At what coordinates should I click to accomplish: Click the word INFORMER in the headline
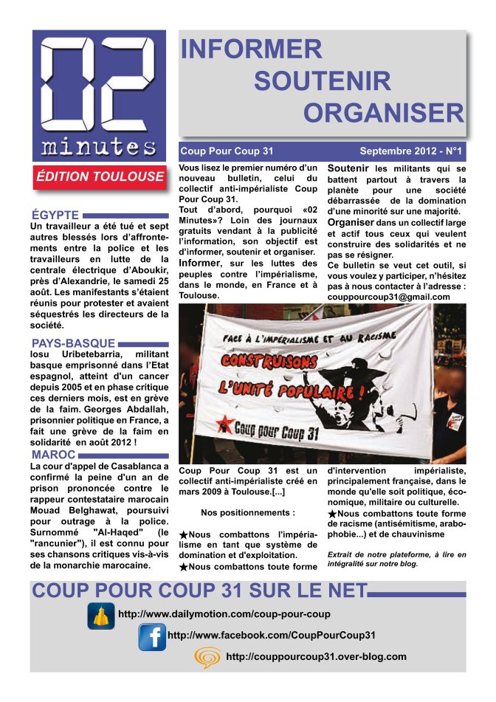tap(251, 49)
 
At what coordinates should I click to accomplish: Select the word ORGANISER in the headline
tap(383, 112)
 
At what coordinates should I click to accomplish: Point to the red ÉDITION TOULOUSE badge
tap(100, 176)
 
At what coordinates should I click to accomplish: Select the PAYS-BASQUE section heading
tap(73, 343)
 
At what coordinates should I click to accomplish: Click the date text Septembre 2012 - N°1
tap(410, 151)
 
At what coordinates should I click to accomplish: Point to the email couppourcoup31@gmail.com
tap(388, 297)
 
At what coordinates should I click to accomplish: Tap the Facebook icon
tap(152, 636)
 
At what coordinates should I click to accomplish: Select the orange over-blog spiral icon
tap(207, 657)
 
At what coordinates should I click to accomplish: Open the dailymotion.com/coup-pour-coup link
tap(224, 614)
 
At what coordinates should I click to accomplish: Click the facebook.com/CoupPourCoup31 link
tap(272, 635)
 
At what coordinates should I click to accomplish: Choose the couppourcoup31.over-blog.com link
tap(316, 656)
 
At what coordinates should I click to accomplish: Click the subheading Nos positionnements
tap(247, 512)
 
